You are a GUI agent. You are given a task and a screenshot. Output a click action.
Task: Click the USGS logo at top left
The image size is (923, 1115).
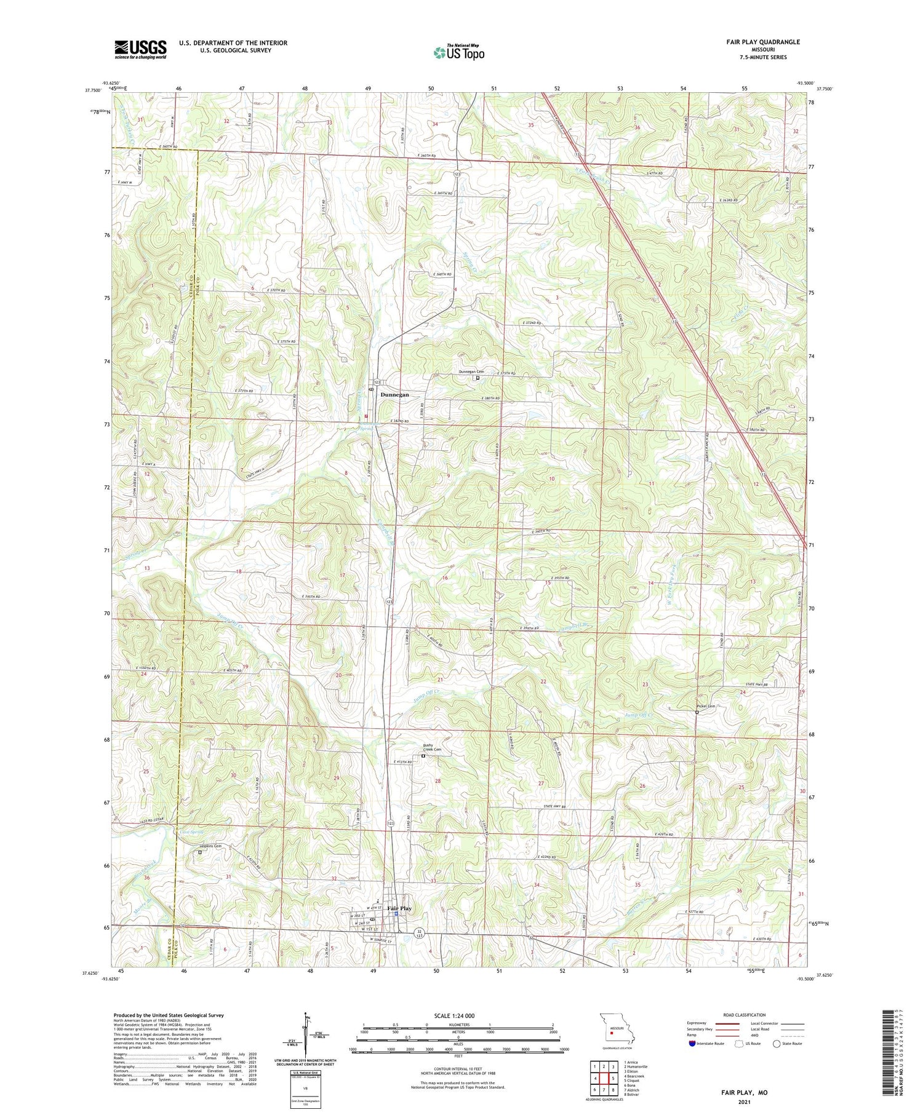click(x=140, y=49)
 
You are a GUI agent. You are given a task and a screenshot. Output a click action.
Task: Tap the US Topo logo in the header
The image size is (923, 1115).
click(x=459, y=52)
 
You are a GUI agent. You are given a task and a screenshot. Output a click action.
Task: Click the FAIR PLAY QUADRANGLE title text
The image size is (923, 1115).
click(x=762, y=42)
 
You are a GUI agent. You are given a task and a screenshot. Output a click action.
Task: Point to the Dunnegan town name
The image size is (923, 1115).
click(x=394, y=394)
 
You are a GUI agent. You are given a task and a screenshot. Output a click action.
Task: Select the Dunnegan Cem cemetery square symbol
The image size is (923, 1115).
click(x=477, y=379)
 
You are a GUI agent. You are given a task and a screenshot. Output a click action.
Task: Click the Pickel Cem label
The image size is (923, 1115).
click(x=706, y=706)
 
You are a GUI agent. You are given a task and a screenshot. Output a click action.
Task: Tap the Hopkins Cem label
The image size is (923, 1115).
click(x=210, y=846)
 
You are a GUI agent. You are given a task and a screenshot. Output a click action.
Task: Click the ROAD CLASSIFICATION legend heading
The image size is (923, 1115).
click(x=744, y=1015)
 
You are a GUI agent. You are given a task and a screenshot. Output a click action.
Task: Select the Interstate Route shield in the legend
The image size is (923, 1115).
click(x=692, y=1043)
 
